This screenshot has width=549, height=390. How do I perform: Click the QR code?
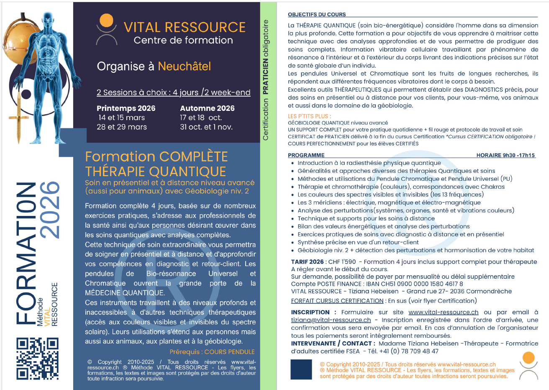(x=37, y=358)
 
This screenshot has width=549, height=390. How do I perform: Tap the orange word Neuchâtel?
(x=184, y=66)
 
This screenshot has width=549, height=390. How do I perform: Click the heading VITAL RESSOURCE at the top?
(x=185, y=27)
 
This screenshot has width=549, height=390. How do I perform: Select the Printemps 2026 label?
(x=126, y=108)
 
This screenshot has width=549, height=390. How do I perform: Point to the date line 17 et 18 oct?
(x=200, y=118)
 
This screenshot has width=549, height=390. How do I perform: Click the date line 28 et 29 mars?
(x=122, y=127)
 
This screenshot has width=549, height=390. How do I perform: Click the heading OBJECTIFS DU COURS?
(x=317, y=14)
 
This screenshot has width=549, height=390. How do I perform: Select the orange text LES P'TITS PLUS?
(x=309, y=116)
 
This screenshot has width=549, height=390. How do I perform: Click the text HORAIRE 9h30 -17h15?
(x=505, y=155)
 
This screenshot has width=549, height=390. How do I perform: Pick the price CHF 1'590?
(x=342, y=262)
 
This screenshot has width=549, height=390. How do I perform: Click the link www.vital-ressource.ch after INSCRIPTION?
(x=443, y=312)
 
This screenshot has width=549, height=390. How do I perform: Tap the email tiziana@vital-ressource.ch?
(x=331, y=320)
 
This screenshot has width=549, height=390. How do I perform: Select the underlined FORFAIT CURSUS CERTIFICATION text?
(x=337, y=300)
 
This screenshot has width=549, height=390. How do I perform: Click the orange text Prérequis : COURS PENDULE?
(x=212, y=352)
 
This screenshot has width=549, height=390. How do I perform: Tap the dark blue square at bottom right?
(x=301, y=369)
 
